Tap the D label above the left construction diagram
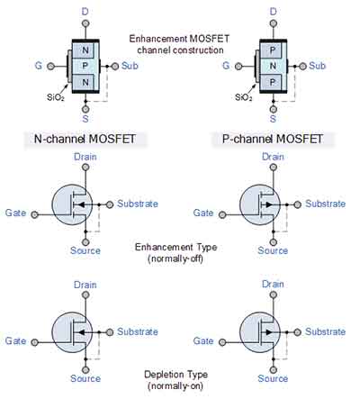tap(86, 10)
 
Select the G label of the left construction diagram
tap(37, 65)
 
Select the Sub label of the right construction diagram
tap(318, 66)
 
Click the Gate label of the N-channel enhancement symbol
tap(15, 213)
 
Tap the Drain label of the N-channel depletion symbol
tap(85, 285)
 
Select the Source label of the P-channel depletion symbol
tap(273, 378)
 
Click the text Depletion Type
tap(176, 374)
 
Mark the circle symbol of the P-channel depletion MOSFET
tap(262, 331)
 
